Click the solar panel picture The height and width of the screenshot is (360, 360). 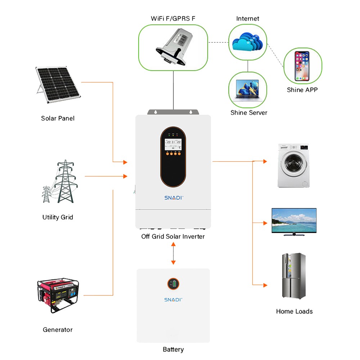[58, 85]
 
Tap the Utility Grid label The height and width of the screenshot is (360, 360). [58, 217]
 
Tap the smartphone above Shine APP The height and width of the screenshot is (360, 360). [302, 66]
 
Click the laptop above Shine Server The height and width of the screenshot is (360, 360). [248, 90]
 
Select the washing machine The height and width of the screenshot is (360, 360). [294, 165]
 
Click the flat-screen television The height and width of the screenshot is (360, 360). [294, 221]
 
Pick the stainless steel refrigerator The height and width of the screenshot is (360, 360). [293, 276]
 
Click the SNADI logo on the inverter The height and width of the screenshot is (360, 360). [174, 198]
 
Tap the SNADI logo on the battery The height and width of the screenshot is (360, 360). [173, 300]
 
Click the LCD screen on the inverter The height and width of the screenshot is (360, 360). [173, 144]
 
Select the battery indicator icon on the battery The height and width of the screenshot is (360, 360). [173, 284]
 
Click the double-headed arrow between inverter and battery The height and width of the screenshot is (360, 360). [173, 253]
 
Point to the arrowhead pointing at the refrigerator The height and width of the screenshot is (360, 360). [265, 285]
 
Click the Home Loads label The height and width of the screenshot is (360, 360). [294, 311]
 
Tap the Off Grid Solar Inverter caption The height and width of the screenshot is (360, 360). [173, 237]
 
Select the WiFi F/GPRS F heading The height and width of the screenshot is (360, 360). [173, 18]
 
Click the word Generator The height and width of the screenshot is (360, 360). [58, 329]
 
